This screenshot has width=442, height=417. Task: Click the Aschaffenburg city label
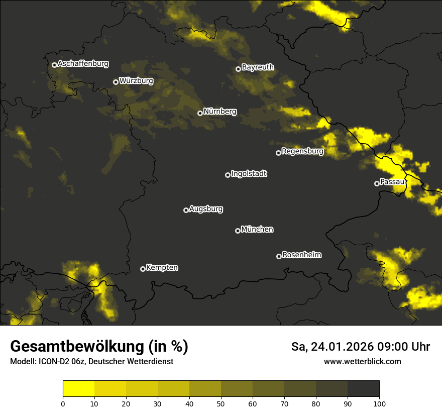[x=83, y=64]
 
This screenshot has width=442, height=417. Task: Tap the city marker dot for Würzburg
[x=116, y=82]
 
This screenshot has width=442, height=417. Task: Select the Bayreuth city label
[x=258, y=67]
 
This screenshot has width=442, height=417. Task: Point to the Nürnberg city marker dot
[x=200, y=113]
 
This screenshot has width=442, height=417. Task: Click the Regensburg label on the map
[x=302, y=151]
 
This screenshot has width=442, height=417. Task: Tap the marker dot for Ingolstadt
[x=228, y=175]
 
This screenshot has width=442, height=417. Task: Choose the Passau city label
[x=392, y=182]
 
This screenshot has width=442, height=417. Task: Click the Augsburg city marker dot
[x=186, y=210]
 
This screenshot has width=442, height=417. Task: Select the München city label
[x=257, y=230]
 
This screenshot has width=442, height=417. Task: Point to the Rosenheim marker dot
[x=279, y=257]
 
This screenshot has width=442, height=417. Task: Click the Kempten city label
[x=162, y=268]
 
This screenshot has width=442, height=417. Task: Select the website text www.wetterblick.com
[x=362, y=361]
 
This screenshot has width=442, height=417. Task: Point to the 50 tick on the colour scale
[x=221, y=403]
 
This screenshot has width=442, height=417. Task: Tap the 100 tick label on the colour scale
[x=379, y=403]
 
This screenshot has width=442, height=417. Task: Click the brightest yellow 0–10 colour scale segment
[x=79, y=388]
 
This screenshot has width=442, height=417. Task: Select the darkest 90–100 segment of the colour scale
[x=363, y=388]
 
